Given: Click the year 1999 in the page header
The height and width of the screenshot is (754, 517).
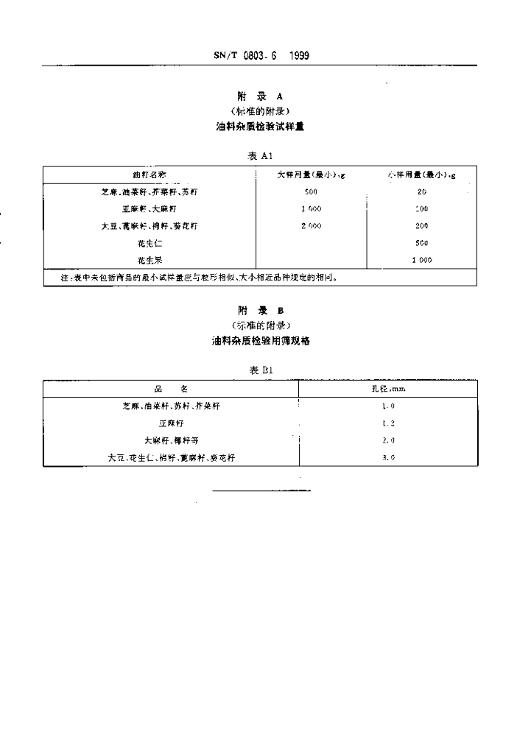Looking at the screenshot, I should tap(300, 55).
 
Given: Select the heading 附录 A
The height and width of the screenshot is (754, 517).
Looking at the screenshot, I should tap(258, 96).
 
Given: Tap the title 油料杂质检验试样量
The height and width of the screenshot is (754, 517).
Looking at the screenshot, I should tap(258, 126).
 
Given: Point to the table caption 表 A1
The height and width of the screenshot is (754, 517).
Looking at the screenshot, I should tap(258, 156).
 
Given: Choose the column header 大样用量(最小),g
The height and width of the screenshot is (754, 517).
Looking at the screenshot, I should tap(311, 175).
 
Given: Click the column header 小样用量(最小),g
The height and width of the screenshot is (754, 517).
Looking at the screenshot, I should tap(421, 175).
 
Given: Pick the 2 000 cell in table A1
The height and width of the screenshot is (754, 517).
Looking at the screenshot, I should tap(311, 226).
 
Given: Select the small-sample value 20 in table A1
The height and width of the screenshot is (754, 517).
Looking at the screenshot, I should tap(421, 191).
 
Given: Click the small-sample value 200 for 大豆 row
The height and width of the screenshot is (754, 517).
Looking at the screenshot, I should tap(421, 226).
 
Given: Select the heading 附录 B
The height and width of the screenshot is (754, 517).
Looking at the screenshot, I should tap(258, 310).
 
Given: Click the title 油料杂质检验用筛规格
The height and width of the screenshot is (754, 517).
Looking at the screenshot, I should tap(258, 341).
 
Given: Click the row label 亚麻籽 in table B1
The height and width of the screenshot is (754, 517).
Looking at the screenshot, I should tap(171, 423).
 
